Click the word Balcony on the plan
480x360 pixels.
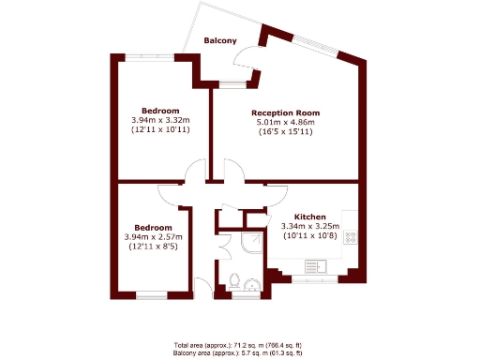220,40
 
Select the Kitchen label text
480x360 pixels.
310,215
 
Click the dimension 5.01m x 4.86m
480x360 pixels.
286,122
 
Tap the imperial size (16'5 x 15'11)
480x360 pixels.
286,132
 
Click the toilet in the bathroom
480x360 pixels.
234,280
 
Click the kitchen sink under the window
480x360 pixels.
314,266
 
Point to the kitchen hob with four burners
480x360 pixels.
351,237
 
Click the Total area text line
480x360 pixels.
239,344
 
